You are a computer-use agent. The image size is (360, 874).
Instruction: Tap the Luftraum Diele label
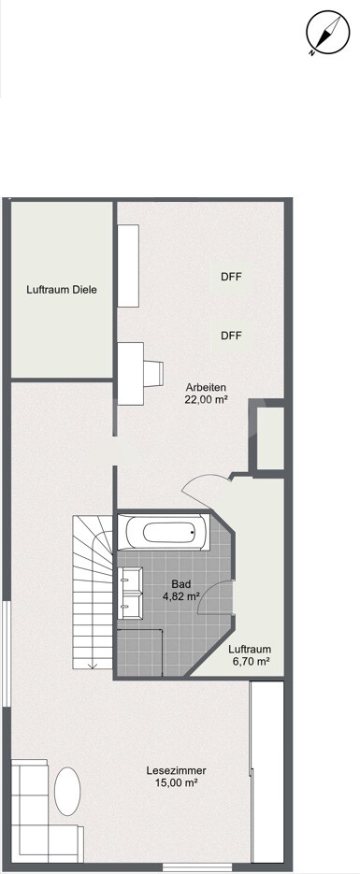(62, 290)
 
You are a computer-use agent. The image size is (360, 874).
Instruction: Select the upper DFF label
(232, 277)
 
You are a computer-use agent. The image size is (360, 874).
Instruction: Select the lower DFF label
(232, 336)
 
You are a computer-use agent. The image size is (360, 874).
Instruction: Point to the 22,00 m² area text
(207, 400)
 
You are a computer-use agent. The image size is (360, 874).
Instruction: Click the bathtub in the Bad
(166, 533)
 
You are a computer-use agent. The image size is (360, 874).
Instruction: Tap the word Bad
(180, 583)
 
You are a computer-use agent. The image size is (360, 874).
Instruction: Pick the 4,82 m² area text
(180, 595)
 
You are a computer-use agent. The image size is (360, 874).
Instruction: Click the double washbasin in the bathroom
(129, 595)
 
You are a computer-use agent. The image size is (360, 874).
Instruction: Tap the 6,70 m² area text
(250, 662)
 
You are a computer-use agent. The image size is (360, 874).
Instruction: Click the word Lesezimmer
(177, 770)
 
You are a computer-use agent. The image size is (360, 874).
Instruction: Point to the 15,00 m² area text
(177, 783)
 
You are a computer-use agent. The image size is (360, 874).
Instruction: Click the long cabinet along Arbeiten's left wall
(128, 265)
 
